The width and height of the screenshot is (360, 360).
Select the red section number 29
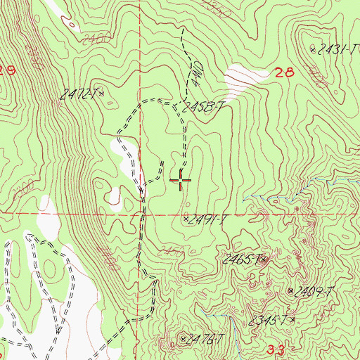click(x=8, y=71)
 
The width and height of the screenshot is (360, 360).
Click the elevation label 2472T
click(x=82, y=94)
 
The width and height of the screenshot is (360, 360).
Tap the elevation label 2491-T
click(x=209, y=219)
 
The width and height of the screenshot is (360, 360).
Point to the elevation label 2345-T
click(x=269, y=321)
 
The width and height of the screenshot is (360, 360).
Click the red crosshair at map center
click(x=181, y=181)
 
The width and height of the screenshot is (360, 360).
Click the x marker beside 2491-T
click(x=186, y=219)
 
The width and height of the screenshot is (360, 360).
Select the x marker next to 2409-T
click(x=291, y=290)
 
